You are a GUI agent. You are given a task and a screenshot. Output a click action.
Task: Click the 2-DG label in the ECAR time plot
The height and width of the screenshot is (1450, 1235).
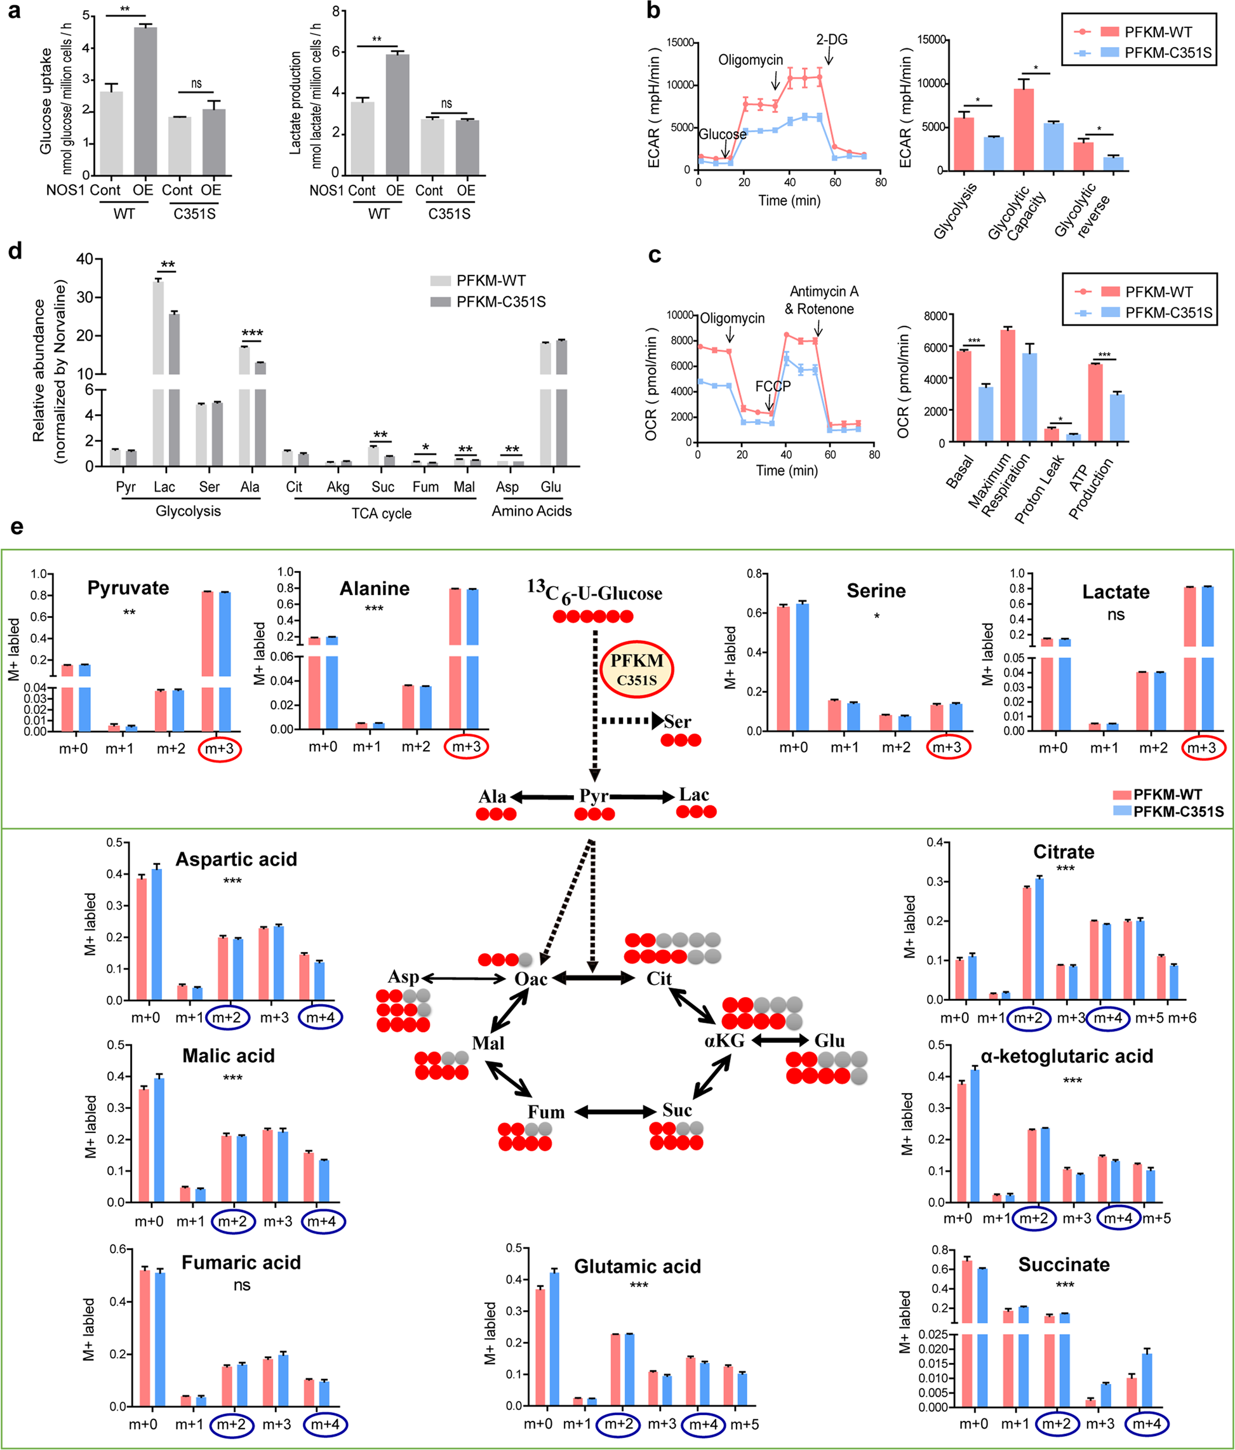[x=831, y=40]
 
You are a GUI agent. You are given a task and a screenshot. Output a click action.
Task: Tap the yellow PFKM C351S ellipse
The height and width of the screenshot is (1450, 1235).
[x=636, y=669]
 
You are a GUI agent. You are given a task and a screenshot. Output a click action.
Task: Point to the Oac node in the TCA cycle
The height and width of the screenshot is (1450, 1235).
[x=530, y=978]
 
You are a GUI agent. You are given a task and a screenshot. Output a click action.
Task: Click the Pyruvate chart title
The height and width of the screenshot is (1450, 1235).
[x=128, y=588]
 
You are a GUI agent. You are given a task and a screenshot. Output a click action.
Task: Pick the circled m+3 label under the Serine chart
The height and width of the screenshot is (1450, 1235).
[x=947, y=748]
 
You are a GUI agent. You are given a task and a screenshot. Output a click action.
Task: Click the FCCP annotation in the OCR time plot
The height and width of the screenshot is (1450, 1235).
[x=773, y=386]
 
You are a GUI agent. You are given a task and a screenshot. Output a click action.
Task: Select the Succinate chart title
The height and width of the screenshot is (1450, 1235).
[x=1064, y=1265]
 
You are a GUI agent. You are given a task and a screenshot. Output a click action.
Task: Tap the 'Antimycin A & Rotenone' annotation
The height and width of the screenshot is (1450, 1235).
[x=823, y=300]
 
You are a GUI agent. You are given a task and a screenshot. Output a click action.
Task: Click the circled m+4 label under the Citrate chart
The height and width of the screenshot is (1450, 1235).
[x=1109, y=1017]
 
